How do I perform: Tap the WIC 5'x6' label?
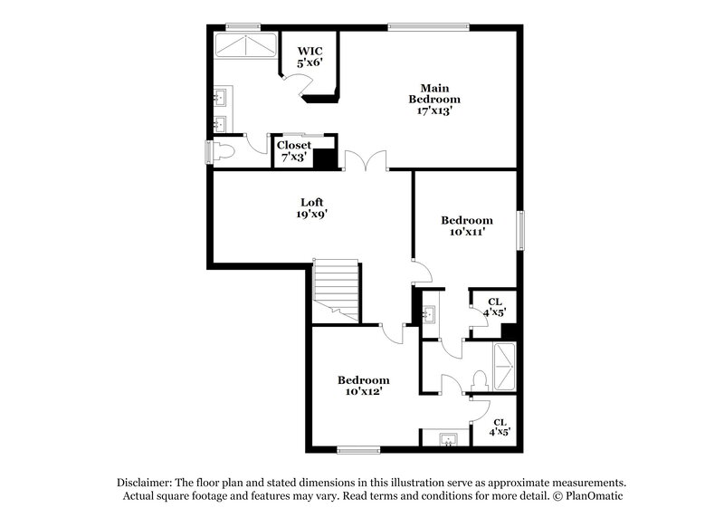pos(310,57)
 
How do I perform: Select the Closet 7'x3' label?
pos(294,150)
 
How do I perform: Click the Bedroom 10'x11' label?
pos(467,226)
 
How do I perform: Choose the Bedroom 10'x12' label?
pos(364,386)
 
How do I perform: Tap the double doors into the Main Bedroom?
pos(366,161)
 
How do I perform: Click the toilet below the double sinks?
pos(225,152)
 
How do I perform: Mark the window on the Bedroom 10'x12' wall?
pos(358,449)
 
